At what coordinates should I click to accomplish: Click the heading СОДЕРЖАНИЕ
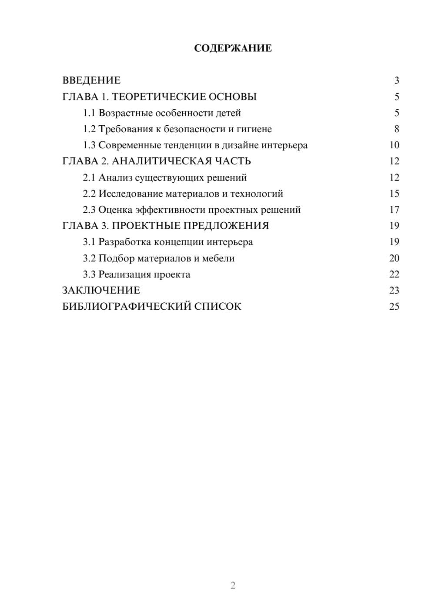coord(233,48)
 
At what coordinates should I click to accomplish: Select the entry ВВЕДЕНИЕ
coord(91,80)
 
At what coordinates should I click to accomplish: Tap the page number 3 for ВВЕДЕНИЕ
coord(396,80)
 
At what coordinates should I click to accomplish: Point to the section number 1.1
coord(89,113)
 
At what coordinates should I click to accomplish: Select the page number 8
coord(396,129)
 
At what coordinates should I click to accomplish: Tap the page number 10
coord(394,145)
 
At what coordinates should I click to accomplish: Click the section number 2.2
coord(89,194)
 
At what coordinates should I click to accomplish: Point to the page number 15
coord(394,194)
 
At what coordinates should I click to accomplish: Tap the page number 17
coord(394,210)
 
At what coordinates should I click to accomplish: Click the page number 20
coord(394,258)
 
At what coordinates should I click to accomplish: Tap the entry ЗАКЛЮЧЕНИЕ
coord(101,291)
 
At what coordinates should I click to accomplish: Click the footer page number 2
coord(233,585)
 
